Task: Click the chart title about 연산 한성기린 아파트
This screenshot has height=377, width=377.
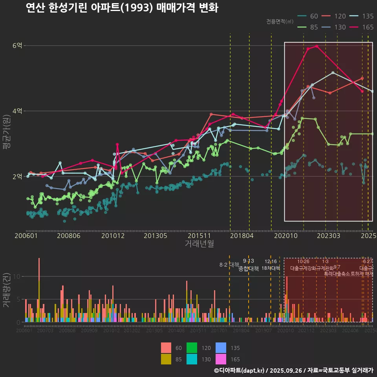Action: click(122, 8)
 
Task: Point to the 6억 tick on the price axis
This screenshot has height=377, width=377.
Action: click(17, 46)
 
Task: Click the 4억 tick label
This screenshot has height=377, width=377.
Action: click(17, 111)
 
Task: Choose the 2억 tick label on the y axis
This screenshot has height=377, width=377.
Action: click(17, 177)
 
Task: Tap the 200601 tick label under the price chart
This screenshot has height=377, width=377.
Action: click(26, 236)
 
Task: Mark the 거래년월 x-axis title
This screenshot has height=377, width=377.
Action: click(199, 244)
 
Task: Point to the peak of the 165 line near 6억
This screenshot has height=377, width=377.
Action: click(317, 46)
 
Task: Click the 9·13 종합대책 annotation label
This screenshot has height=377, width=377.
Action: click(249, 265)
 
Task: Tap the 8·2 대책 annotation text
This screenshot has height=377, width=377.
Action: click(229, 265)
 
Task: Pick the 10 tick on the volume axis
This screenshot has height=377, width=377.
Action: click(16, 276)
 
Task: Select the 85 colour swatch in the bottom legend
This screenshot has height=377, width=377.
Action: click(167, 359)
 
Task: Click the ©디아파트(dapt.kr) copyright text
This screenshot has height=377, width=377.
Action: click(240, 370)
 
